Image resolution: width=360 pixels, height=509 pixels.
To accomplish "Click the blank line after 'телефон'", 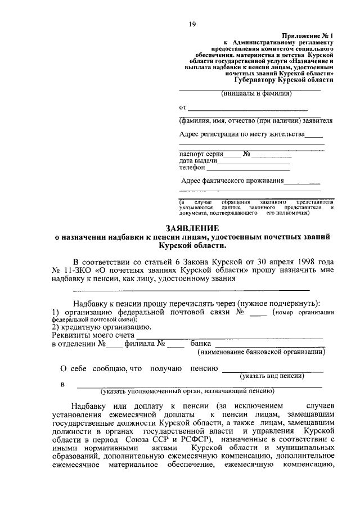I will (248, 168).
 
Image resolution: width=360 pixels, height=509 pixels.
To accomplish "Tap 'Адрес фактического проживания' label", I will (232, 181).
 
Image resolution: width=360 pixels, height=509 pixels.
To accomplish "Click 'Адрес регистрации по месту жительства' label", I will (242, 134).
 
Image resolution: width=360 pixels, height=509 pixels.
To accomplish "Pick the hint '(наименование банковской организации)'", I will (261, 353).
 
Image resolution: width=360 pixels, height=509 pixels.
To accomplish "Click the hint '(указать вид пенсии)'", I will (272, 375).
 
